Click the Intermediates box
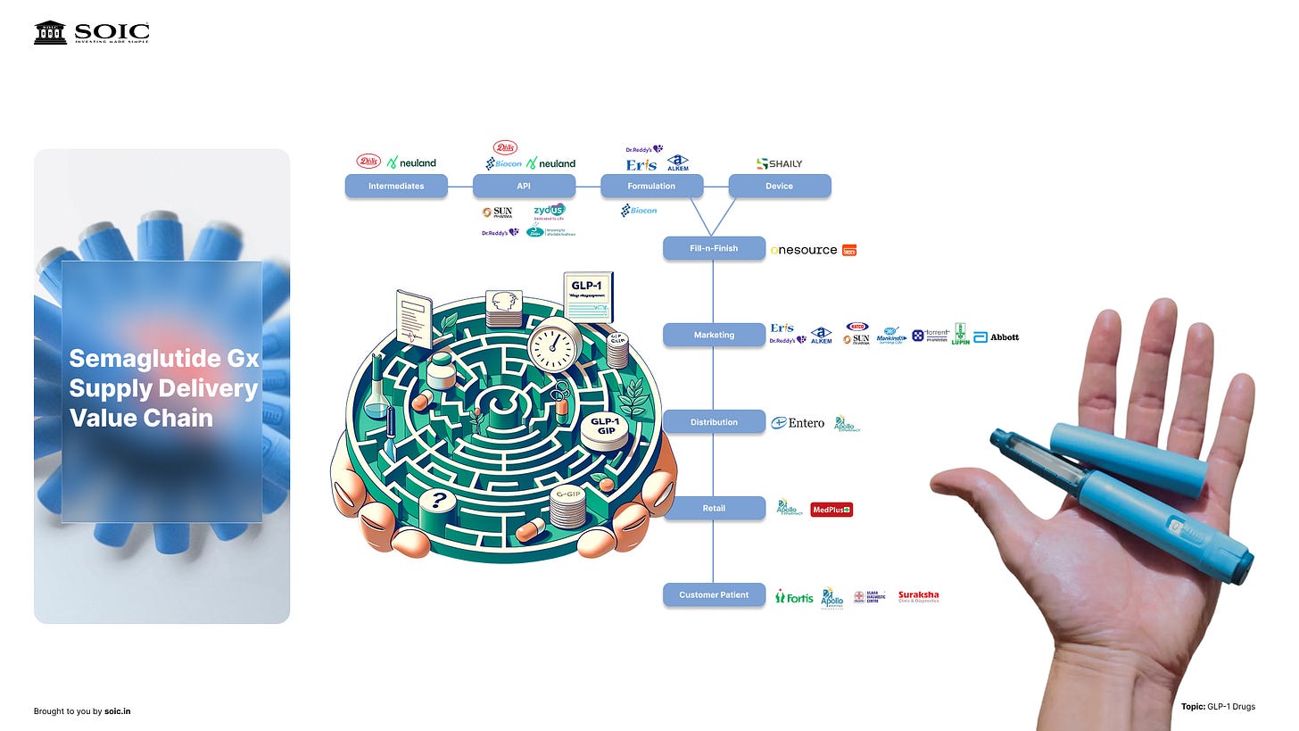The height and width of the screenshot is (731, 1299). (x=396, y=186)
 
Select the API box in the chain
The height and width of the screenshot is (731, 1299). (x=524, y=186)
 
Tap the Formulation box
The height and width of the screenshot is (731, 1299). (x=651, y=186)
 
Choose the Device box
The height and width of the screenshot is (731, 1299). (x=779, y=186)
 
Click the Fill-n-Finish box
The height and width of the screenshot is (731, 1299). (x=714, y=248)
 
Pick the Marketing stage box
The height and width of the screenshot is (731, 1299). (x=714, y=335)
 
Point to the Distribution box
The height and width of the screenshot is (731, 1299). (x=714, y=421)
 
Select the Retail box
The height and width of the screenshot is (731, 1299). (x=714, y=508)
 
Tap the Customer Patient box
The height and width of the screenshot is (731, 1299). (x=714, y=594)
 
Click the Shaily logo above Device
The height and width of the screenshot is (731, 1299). (x=779, y=163)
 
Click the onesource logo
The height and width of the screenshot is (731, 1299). (x=804, y=250)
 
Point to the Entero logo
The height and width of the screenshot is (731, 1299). (x=798, y=423)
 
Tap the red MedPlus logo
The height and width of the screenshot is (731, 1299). (x=831, y=510)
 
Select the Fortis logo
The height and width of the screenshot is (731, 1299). (x=794, y=596)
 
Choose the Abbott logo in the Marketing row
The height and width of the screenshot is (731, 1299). (x=997, y=336)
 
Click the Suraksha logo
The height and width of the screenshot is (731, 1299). (x=918, y=596)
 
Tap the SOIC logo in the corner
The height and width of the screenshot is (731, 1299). (x=92, y=33)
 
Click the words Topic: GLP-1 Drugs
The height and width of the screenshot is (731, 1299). (x=1218, y=707)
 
